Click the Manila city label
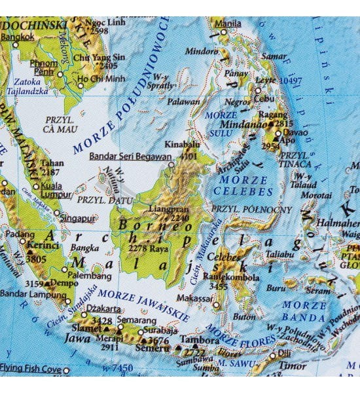228,24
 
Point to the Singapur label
80,217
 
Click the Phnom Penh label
44,67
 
